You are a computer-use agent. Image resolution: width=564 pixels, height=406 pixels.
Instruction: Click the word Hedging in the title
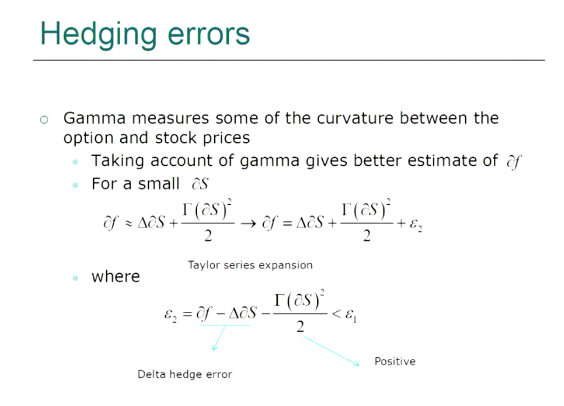coord(98,35)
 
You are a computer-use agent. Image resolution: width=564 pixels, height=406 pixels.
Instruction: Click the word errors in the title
coord(209,35)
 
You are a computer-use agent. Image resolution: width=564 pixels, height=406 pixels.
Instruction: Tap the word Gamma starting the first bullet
coord(95,118)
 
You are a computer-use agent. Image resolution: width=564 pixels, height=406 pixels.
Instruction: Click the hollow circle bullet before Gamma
coord(44,120)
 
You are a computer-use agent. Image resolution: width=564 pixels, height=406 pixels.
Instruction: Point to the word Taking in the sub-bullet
coord(117,161)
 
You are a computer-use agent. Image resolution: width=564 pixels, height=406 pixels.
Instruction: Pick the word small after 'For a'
coord(159,183)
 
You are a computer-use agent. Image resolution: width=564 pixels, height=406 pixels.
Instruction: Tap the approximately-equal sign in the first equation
coord(128,224)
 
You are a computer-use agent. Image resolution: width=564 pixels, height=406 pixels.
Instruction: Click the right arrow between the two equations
coord(248,224)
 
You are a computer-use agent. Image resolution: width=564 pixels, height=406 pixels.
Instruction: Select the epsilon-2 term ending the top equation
coord(416,225)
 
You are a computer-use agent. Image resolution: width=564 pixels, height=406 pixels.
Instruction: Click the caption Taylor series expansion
coord(250,265)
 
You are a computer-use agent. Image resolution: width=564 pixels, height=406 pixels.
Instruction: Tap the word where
coord(115,276)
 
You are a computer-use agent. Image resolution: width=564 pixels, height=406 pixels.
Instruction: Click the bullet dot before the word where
coord(75,278)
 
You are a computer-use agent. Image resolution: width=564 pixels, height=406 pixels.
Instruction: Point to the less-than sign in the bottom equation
coord(336,314)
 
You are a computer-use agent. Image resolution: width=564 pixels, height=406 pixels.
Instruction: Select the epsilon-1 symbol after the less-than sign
coord(351,316)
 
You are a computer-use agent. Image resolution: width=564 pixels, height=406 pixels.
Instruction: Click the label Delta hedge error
coord(185,374)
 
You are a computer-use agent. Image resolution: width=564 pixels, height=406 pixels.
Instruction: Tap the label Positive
coord(395,361)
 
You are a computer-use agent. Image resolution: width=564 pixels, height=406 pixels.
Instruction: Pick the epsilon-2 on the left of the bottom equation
coord(170,316)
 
